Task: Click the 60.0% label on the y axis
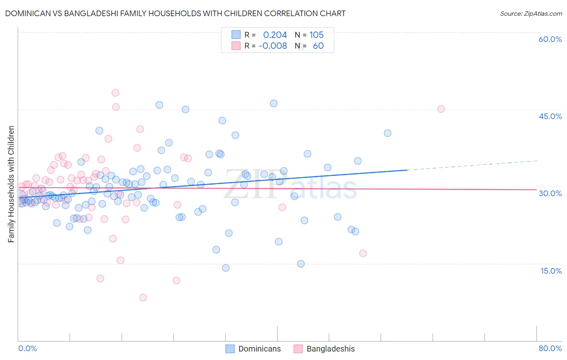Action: click(x=550, y=39)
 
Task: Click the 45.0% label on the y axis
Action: click(x=550, y=116)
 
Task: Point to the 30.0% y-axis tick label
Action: click(x=550, y=193)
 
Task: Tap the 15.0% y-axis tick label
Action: click(x=551, y=271)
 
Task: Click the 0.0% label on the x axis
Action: click(x=27, y=348)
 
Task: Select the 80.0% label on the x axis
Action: click(x=550, y=348)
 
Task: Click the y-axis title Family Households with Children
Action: click(x=11, y=184)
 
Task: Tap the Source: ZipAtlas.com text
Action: click(x=531, y=13)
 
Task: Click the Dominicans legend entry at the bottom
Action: click(x=253, y=349)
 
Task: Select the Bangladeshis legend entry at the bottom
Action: click(x=324, y=349)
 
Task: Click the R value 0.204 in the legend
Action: click(x=275, y=35)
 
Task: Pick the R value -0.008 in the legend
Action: click(x=273, y=46)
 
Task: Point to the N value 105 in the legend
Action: click(x=317, y=35)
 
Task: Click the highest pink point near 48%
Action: click(x=115, y=93)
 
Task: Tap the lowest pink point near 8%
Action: click(x=143, y=298)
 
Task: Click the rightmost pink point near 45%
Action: click(x=441, y=109)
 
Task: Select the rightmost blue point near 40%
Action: click(x=388, y=133)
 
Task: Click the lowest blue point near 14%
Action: click(x=226, y=268)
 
